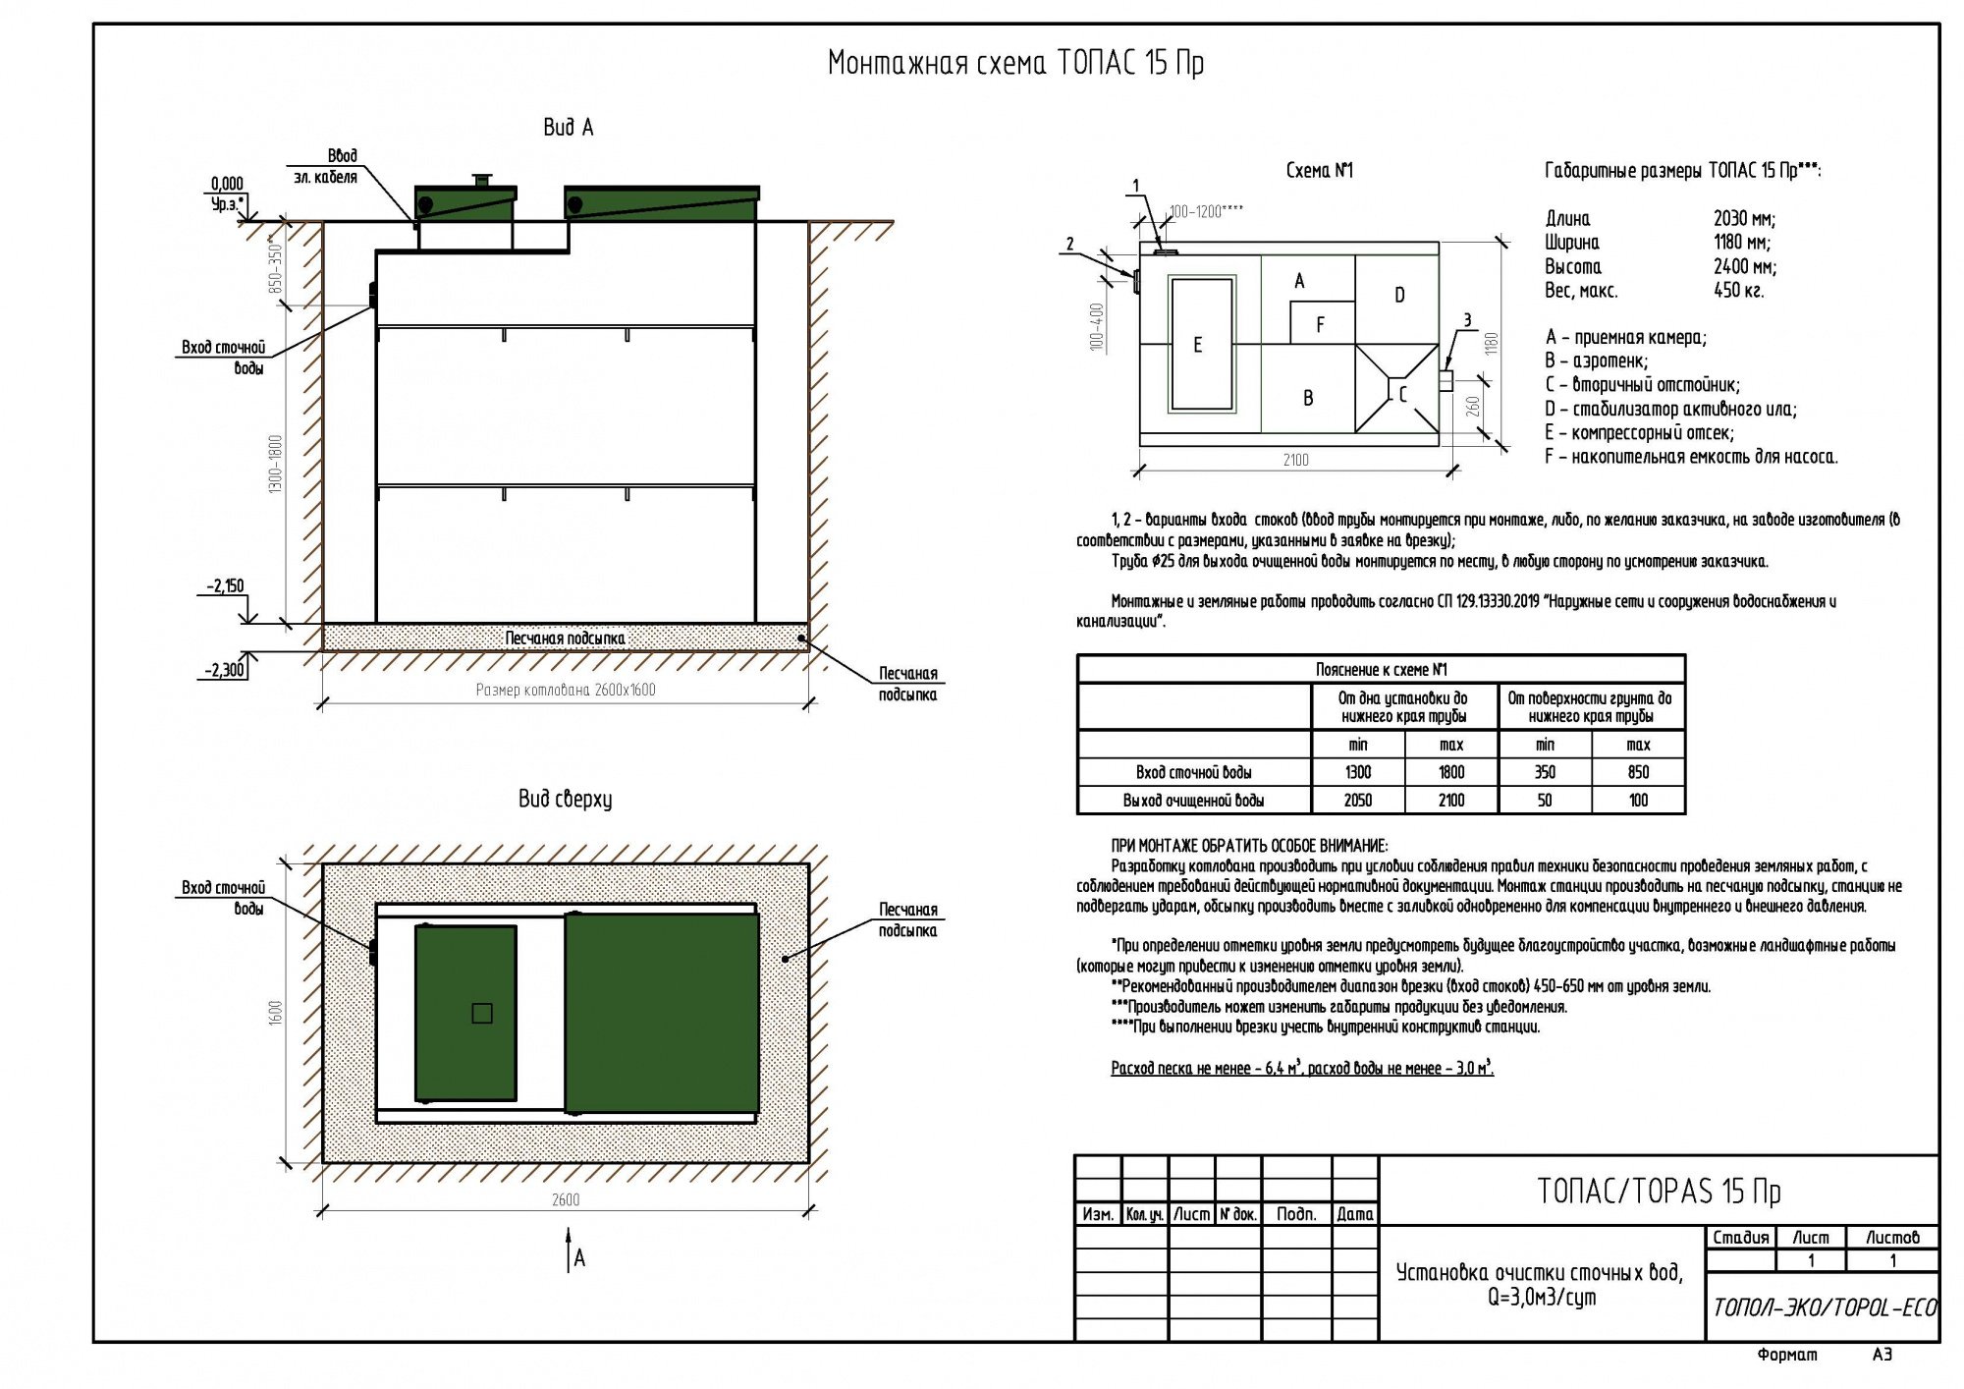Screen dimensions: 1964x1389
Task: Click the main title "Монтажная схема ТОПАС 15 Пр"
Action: click(x=1015, y=63)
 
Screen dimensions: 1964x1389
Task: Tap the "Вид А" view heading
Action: click(x=568, y=128)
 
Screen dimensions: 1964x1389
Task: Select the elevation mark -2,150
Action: click(x=225, y=586)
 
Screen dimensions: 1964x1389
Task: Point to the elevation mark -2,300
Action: click(x=225, y=671)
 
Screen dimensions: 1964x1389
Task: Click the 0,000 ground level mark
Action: click(x=227, y=184)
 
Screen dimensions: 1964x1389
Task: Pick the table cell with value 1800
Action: click(x=1450, y=772)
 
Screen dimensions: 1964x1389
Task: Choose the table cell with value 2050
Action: click(x=1358, y=801)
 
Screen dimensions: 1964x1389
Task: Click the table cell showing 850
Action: click(x=1638, y=772)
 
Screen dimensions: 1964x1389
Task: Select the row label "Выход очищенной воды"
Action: click(x=1193, y=801)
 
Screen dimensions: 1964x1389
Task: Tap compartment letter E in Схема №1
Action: click(x=1197, y=345)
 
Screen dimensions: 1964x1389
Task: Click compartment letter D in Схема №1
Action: click(x=1399, y=295)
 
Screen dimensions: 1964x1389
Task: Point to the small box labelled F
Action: click(x=1322, y=323)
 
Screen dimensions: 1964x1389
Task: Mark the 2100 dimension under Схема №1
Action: click(x=1295, y=460)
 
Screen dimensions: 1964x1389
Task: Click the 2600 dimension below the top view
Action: click(x=566, y=1199)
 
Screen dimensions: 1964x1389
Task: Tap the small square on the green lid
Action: click(x=481, y=1013)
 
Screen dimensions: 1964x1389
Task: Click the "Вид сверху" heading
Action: click(x=565, y=800)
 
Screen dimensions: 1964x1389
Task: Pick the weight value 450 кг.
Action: click(x=1737, y=290)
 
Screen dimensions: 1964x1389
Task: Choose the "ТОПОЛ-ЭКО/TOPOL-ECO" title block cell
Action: click(x=1825, y=1307)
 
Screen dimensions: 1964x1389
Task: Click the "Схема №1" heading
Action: click(x=1319, y=171)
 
